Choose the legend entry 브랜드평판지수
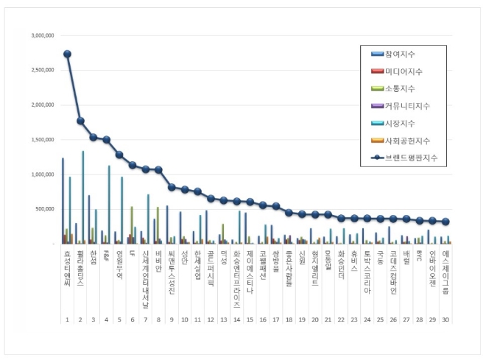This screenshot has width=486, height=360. (407, 157)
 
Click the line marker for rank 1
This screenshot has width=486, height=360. (67, 54)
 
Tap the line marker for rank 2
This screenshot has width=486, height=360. (80, 121)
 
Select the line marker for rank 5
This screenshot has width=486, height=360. (119, 155)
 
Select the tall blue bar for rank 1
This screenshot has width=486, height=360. (63, 200)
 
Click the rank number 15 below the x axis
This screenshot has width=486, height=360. (250, 321)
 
